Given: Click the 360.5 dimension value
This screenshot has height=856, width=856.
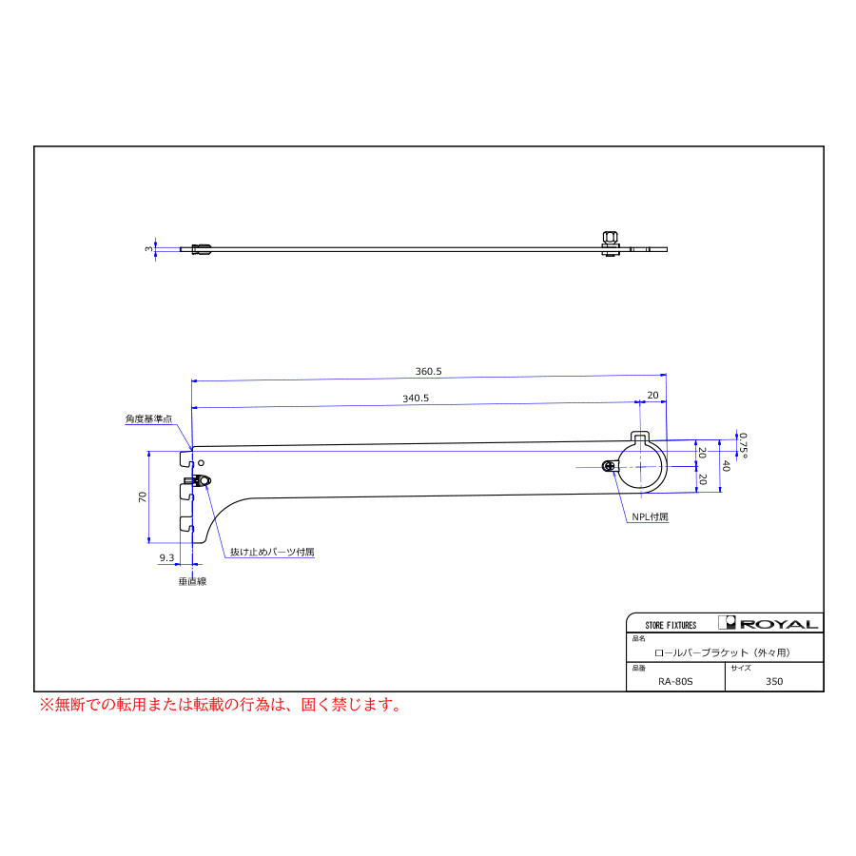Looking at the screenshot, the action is tap(429, 371).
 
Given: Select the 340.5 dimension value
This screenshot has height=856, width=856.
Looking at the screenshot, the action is tap(416, 398).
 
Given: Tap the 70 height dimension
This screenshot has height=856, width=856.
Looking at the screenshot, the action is tap(143, 496).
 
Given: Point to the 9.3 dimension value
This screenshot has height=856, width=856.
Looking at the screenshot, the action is tap(166, 557).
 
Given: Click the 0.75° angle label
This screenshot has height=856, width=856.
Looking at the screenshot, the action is tap(743, 445).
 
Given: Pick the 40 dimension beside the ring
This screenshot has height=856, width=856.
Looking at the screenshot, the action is tap(726, 466).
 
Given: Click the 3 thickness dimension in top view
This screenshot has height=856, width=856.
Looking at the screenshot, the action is tap(148, 249).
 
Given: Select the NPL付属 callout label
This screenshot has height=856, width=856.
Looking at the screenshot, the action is tap(650, 516).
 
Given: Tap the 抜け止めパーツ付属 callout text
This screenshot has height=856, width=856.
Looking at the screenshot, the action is tap(272, 552).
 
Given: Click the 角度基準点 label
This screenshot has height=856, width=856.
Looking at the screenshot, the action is tap(148, 418).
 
